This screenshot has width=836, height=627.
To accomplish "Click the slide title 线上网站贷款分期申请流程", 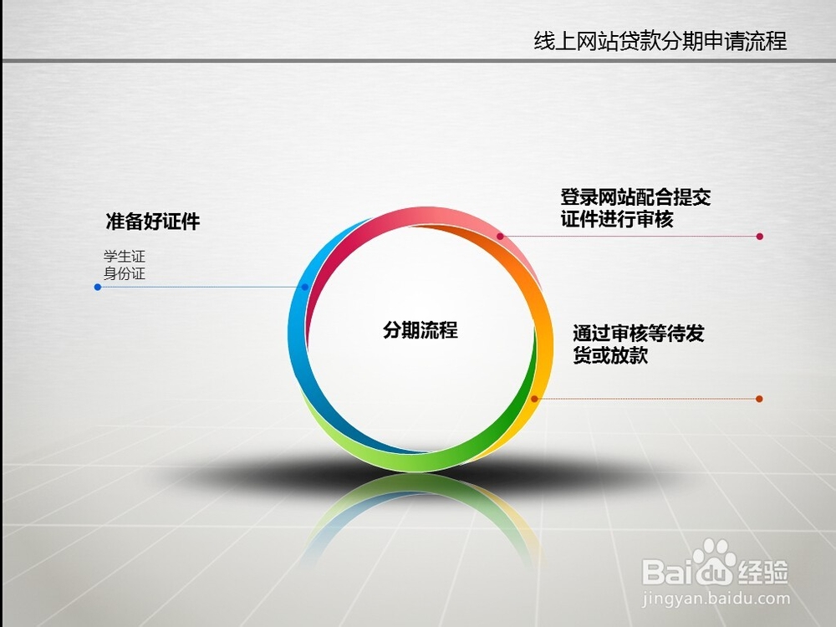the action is (660, 41).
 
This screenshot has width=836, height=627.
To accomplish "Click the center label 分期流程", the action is (421, 330).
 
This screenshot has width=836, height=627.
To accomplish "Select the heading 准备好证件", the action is (152, 222).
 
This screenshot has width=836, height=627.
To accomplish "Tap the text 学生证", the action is (125, 257).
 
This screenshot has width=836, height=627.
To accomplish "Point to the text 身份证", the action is (125, 273).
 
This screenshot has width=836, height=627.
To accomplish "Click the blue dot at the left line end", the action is (98, 287).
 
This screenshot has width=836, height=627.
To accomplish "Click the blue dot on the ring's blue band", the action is (305, 287).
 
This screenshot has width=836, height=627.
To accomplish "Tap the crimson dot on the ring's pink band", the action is (500, 237).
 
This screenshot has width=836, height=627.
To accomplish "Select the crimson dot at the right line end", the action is (760, 237).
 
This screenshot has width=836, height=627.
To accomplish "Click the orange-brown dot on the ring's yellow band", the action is (534, 399).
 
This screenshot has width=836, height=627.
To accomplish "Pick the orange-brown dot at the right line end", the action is (759, 399).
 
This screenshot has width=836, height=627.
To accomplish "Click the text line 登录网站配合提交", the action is (635, 197).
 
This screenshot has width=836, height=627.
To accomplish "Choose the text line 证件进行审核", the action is (617, 219).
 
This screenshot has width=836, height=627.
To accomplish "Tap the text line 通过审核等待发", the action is (639, 334).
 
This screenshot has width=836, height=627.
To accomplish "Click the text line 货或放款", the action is (610, 355).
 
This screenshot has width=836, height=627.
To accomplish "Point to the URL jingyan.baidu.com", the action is (716, 599).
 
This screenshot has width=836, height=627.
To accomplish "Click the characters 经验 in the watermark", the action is (762, 573).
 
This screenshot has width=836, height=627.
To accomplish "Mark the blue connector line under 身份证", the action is (201, 287).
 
